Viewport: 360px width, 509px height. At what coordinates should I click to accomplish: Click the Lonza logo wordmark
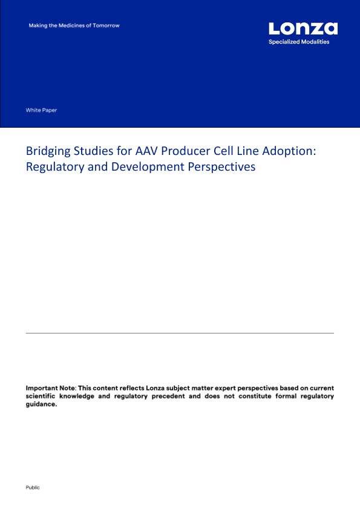click(x=303, y=28)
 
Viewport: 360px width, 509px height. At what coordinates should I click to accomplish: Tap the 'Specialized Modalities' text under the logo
click(x=299, y=42)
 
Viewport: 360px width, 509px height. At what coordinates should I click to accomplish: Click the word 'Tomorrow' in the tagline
click(x=106, y=25)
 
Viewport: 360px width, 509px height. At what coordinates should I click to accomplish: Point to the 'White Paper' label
click(x=41, y=110)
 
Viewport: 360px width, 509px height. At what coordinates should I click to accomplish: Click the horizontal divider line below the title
click(x=180, y=333)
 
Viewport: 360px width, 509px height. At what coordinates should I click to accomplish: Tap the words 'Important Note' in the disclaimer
click(x=50, y=388)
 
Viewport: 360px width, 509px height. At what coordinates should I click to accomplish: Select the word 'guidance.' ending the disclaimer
click(x=41, y=404)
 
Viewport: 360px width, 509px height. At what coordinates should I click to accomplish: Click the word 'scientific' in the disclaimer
click(x=41, y=396)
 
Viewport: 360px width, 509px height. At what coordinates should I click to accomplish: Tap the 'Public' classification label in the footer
click(x=33, y=488)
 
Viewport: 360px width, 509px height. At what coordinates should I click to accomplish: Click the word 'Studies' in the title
click(x=94, y=151)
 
